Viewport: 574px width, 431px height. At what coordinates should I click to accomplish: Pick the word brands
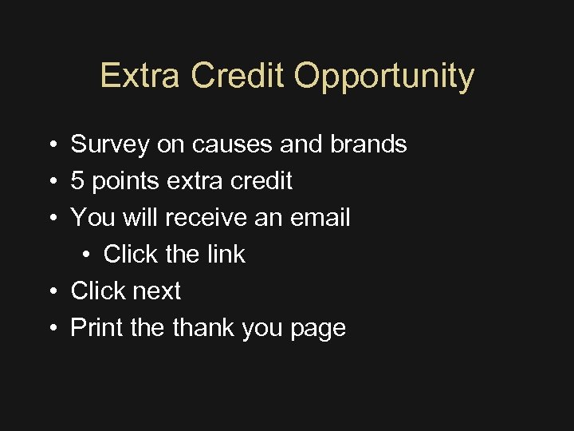click(368, 144)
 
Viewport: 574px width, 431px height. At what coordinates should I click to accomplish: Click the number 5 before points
click(77, 181)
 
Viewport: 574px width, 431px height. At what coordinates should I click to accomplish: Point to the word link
click(227, 255)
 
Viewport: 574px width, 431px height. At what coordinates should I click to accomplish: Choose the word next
click(157, 291)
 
